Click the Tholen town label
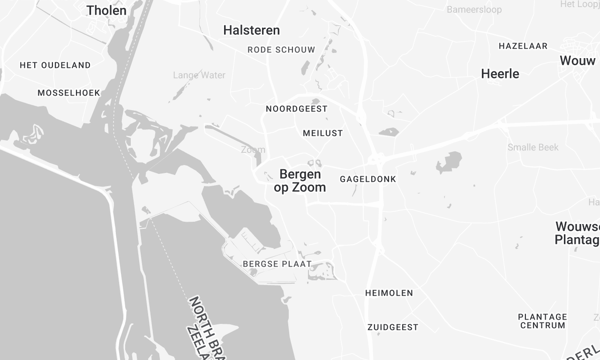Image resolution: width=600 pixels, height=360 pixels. point(106,11)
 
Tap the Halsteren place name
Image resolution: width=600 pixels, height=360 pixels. point(251,31)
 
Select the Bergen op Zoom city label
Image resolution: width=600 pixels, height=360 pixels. point(300,180)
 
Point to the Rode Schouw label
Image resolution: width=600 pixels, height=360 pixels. point(281,49)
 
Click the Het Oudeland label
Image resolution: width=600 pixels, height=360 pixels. point(55,65)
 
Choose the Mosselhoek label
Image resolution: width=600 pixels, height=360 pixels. point(69,92)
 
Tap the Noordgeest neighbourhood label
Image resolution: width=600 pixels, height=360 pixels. point(297,108)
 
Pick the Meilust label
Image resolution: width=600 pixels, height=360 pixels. point(322,132)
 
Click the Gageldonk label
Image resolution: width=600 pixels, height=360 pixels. point(368,178)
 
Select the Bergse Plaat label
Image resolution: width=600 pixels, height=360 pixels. point(277,264)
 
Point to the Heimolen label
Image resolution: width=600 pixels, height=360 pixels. point(389,293)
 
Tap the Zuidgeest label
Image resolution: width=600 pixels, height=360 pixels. point(392,327)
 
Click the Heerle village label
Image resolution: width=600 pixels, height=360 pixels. point(500,74)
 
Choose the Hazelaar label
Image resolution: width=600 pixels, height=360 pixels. point(523,46)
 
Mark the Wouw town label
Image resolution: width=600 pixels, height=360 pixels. point(578,61)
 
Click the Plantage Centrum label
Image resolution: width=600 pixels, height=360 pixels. point(542,321)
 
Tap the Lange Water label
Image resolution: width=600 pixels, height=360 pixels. point(199,75)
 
